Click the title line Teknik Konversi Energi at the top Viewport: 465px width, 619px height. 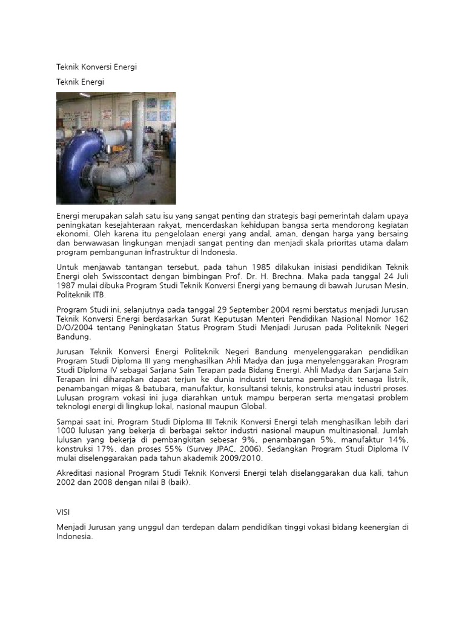point(96,67)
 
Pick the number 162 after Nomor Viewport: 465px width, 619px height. point(400,319)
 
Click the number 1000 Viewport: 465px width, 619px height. point(67,430)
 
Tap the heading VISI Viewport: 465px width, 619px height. point(64,512)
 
